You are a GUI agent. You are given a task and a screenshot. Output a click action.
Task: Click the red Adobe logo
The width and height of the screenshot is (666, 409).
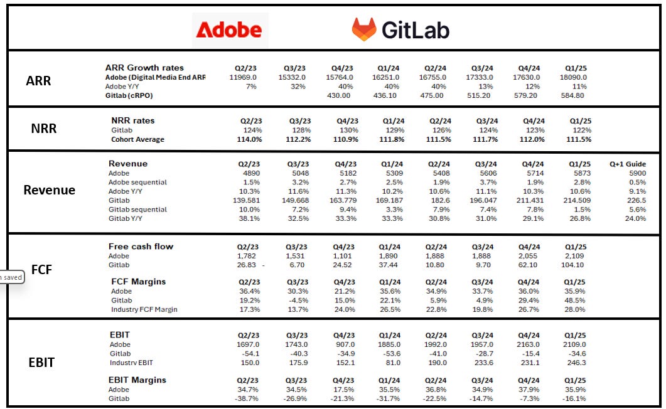pyautogui.click(x=229, y=30)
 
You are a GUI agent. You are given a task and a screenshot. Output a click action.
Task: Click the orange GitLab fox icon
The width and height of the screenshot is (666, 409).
pyautogui.click(x=364, y=29)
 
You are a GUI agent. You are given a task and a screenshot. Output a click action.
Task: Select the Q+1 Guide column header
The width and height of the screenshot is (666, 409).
pyautogui.click(x=627, y=164)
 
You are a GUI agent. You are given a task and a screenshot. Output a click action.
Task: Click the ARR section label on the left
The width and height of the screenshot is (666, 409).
pyautogui.click(x=38, y=81)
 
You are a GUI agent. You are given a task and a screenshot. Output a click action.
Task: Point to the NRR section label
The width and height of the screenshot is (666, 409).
pyautogui.click(x=44, y=129)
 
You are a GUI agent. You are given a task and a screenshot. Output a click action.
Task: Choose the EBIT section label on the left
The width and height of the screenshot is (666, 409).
pyautogui.click(x=41, y=362)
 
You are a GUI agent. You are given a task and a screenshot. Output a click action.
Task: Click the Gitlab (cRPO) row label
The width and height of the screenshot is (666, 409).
pyautogui.click(x=129, y=95)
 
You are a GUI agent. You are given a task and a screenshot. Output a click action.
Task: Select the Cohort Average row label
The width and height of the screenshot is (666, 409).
pyautogui.click(x=137, y=139)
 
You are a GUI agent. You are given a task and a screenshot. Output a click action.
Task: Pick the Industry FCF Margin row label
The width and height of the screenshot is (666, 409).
pyautogui.click(x=144, y=309)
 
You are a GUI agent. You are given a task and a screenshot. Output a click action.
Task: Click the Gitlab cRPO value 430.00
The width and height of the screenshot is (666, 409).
pyautogui.click(x=339, y=95)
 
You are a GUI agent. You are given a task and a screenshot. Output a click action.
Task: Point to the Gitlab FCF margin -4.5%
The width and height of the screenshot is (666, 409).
pyautogui.click(x=294, y=300)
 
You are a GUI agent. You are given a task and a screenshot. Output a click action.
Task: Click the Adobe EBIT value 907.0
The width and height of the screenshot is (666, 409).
pyautogui.click(x=343, y=344)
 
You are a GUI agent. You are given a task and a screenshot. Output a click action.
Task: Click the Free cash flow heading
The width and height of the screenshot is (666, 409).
pyautogui.click(x=141, y=247)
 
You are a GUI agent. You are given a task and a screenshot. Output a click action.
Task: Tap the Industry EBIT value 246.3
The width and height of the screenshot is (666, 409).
pyautogui.click(x=575, y=363)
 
